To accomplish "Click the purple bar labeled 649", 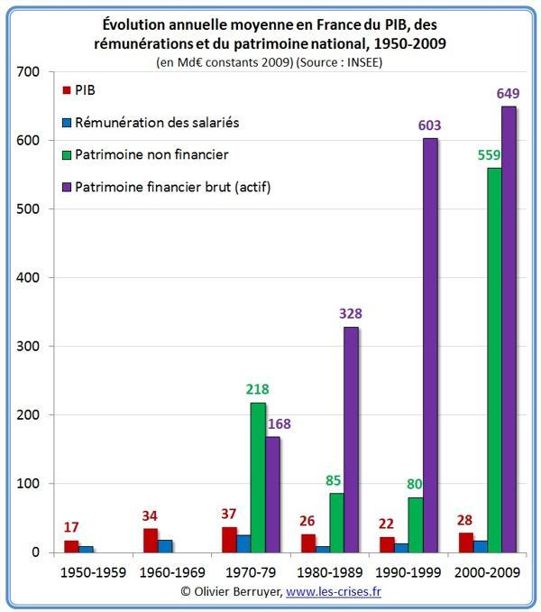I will click(x=509, y=329).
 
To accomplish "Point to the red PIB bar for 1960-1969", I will click(x=151, y=540).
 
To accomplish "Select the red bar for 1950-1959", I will click(x=71, y=545).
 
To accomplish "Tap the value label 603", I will click(x=429, y=125).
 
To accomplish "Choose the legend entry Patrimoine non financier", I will click(x=157, y=154).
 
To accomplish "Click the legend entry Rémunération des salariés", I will click(x=161, y=123).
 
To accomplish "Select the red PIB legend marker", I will click(x=67, y=90).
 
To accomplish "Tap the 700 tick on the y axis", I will click(x=30, y=71).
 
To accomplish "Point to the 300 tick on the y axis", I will click(x=30, y=346).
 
